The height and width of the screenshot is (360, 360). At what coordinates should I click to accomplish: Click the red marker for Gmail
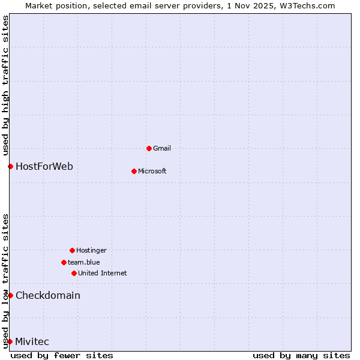pyautogui.click(x=149, y=148)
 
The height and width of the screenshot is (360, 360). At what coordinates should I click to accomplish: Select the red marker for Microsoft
pyautogui.click(x=134, y=171)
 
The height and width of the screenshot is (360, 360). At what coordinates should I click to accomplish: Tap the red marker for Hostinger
pyautogui.click(x=72, y=250)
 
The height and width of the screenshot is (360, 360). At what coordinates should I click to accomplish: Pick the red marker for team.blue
pyautogui.click(x=64, y=262)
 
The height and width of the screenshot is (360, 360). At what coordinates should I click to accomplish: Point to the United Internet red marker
pyautogui.click(x=74, y=273)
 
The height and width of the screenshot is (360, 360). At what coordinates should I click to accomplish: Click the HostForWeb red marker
pyautogui.click(x=10, y=166)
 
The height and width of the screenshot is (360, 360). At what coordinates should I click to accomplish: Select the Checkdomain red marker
pyautogui.click(x=10, y=295)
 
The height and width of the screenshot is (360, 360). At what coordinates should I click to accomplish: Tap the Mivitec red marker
pyautogui.click(x=10, y=341)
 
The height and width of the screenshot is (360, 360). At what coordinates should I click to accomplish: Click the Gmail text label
pyautogui.click(x=162, y=148)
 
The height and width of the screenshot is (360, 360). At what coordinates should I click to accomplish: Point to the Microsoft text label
pyautogui.click(x=152, y=171)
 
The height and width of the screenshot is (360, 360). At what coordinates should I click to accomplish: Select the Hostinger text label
pyautogui.click(x=91, y=250)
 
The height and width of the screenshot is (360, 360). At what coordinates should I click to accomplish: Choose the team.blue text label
pyautogui.click(x=84, y=262)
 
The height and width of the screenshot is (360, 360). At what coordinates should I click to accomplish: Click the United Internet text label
pyautogui.click(x=103, y=273)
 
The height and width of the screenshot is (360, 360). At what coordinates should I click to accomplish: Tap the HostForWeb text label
pyautogui.click(x=44, y=166)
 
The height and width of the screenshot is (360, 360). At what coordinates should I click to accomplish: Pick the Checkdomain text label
pyautogui.click(x=48, y=295)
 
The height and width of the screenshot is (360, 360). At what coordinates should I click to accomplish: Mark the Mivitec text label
pyautogui.click(x=32, y=341)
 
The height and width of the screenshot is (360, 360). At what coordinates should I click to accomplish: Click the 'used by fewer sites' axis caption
pyautogui.click(x=62, y=355)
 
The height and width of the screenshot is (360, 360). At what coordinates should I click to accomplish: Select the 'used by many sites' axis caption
pyautogui.click(x=301, y=355)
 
